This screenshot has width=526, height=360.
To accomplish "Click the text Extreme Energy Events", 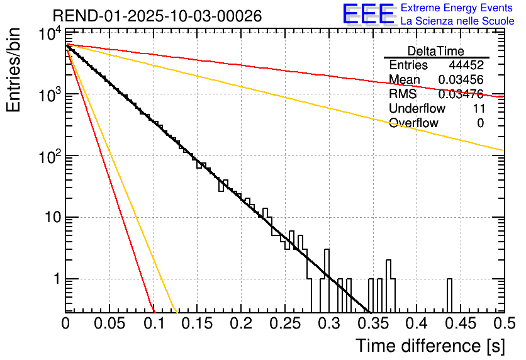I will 457,8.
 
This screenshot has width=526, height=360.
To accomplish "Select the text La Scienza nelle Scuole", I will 457,21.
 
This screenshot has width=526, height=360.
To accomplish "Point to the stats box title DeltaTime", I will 436,51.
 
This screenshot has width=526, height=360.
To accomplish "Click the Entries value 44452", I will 466,65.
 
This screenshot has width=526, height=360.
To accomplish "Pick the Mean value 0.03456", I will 461,80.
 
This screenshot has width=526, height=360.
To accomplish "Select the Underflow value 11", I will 478,109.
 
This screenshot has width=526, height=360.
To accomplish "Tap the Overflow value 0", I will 480,123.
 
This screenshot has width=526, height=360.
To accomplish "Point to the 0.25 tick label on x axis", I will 285,324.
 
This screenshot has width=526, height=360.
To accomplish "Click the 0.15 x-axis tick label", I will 197,324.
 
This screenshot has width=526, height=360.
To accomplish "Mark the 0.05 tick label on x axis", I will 109,324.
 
